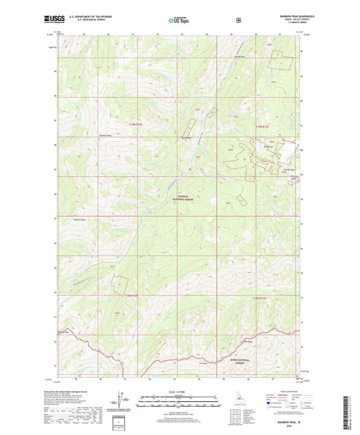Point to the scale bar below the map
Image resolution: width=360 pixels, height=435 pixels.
[180, 405]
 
